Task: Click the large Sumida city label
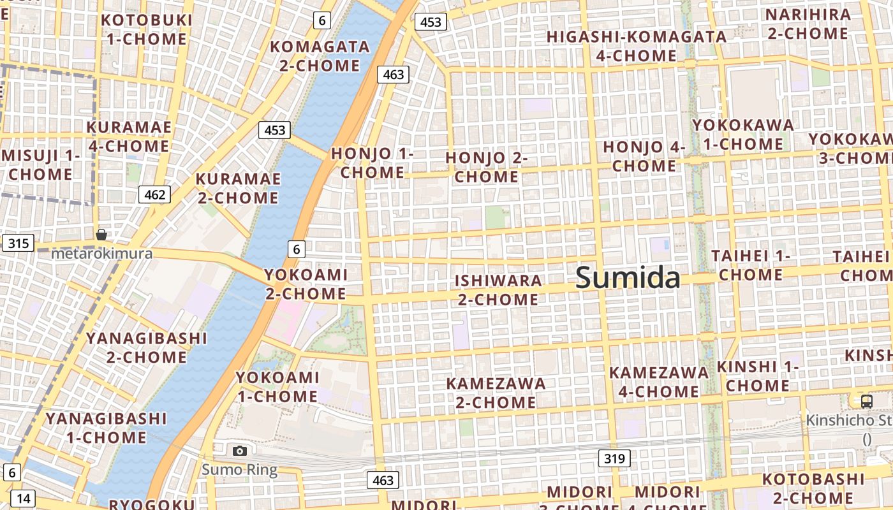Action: tap(628, 279)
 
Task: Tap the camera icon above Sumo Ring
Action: tap(240, 451)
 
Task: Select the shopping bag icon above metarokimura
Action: tap(101, 235)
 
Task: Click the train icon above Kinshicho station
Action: tap(866, 401)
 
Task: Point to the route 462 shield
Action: tap(154, 194)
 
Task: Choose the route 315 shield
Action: tap(18, 243)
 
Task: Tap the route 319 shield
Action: tap(615, 458)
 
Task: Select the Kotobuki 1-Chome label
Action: tap(147, 29)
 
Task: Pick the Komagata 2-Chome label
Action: tap(320, 56)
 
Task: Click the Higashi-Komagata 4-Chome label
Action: tap(637, 46)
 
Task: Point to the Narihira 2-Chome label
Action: tap(809, 24)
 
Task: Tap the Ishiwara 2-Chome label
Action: tap(498, 289)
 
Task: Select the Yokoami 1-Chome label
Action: tap(277, 387)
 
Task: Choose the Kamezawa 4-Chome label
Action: tap(659, 381)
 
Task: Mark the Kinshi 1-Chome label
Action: tap(758, 376)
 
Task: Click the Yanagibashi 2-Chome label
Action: tap(147, 347)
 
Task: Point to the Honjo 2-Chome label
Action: tap(486, 167)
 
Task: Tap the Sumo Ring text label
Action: tap(240, 470)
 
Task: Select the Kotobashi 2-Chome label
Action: tap(813, 488)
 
